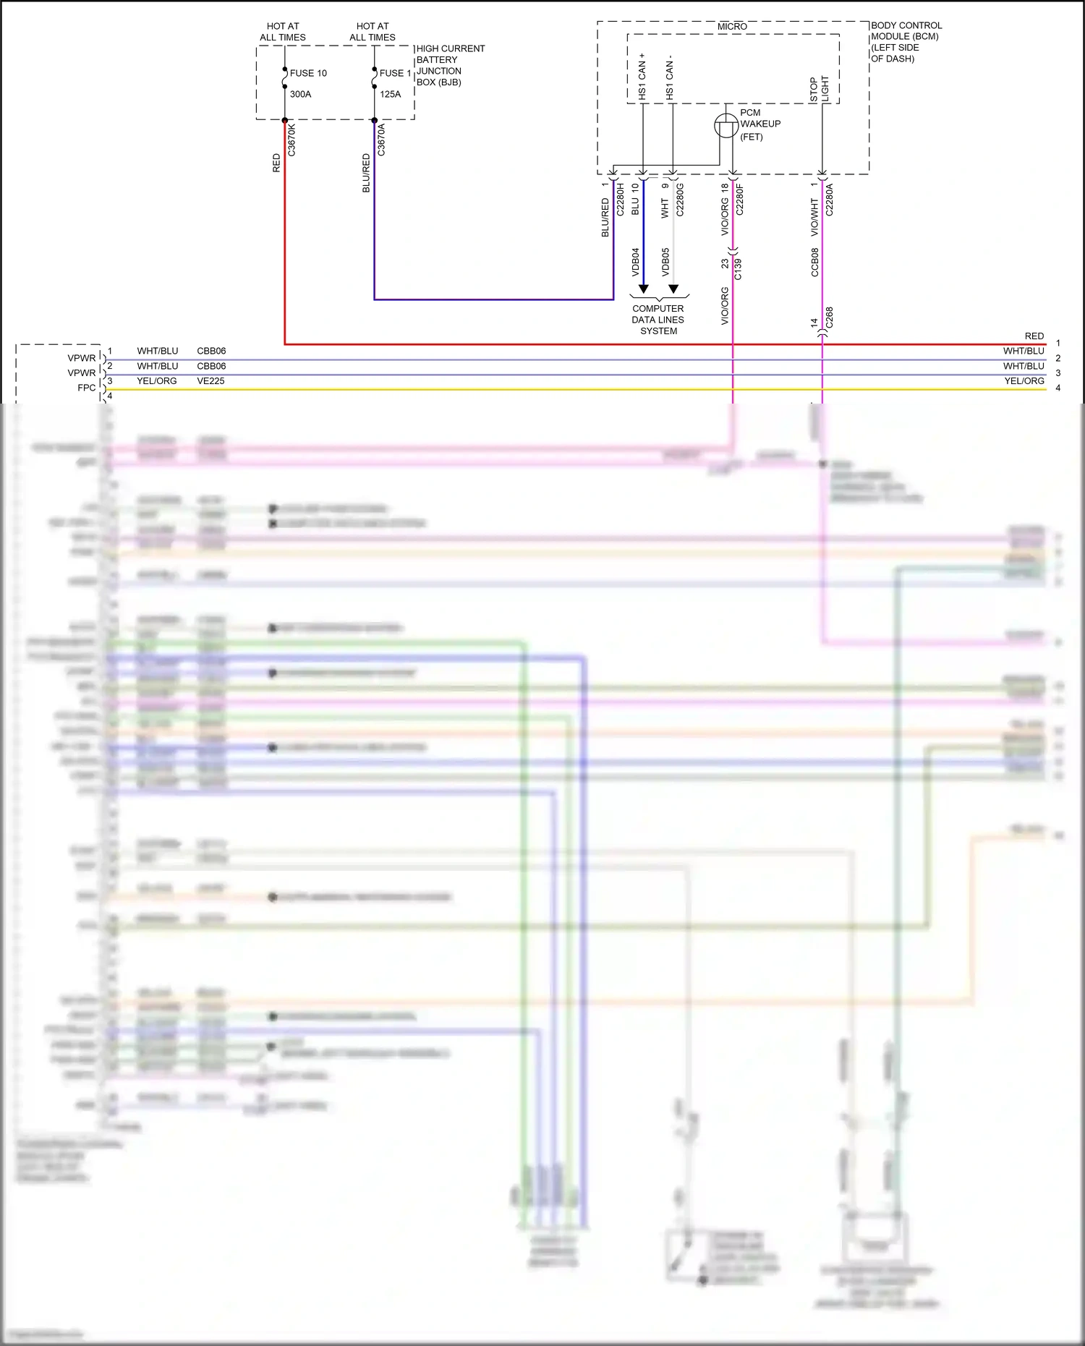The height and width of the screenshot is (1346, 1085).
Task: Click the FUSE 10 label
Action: click(308, 73)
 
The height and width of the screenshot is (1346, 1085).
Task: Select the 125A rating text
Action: click(390, 94)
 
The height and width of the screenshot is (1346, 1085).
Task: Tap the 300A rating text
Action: click(300, 94)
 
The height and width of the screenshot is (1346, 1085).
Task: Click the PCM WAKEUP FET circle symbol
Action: click(726, 126)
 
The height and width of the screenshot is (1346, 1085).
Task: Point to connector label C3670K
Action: click(292, 140)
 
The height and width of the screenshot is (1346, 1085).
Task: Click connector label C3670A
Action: click(381, 140)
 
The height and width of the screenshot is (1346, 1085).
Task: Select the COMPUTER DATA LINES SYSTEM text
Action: click(658, 320)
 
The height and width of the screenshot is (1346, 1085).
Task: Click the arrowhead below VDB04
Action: click(643, 289)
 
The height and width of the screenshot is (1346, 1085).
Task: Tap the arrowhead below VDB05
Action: click(673, 289)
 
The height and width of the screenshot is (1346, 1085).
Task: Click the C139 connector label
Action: click(738, 269)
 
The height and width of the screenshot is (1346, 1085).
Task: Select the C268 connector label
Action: click(829, 317)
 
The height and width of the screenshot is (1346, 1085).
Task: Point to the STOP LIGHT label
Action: click(819, 88)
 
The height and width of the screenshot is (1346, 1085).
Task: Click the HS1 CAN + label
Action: click(642, 76)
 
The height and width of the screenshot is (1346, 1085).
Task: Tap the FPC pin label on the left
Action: click(86, 388)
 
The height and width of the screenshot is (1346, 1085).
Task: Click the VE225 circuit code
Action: click(210, 381)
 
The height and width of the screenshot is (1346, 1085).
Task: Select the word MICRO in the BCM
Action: click(732, 26)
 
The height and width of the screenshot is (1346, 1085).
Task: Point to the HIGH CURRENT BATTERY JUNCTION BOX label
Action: click(449, 65)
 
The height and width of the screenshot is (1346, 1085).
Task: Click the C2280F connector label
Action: click(739, 199)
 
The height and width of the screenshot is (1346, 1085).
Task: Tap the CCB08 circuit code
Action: click(814, 263)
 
